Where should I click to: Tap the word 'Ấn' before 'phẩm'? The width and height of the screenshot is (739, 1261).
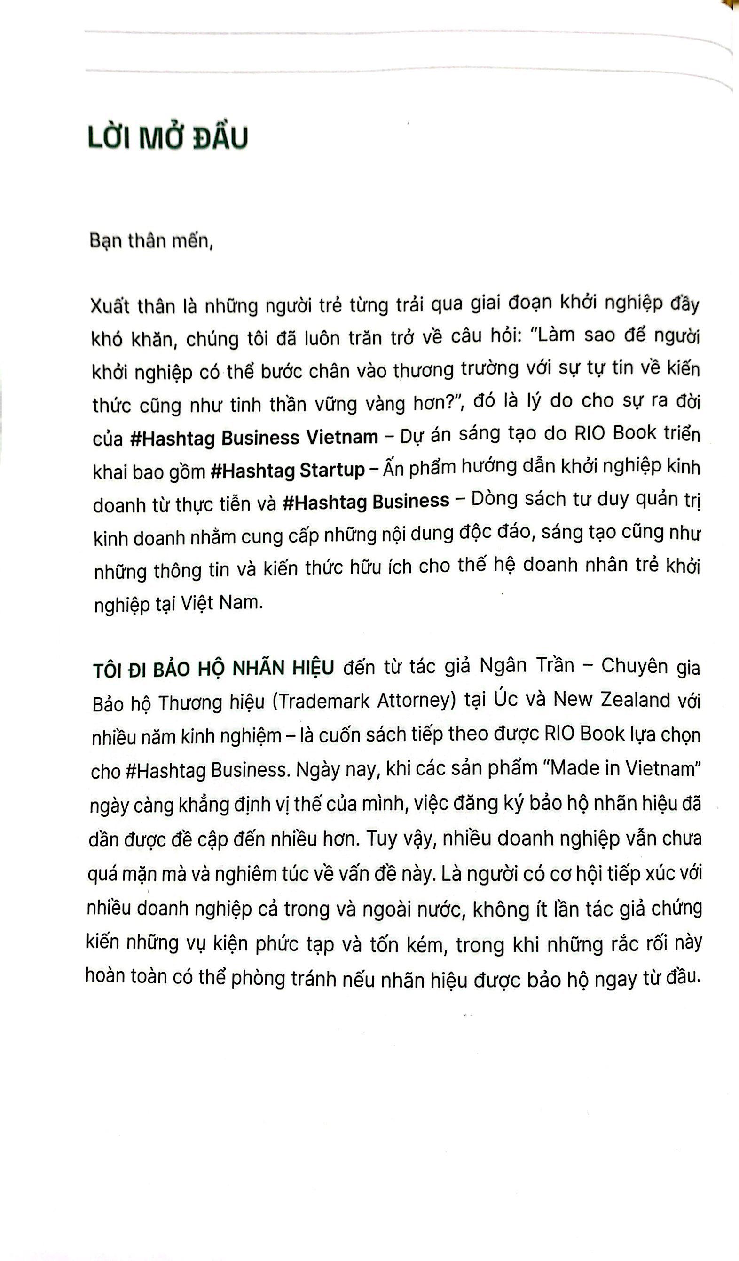coord(393,469)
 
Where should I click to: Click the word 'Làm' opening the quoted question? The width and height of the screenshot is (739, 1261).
coord(556,335)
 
